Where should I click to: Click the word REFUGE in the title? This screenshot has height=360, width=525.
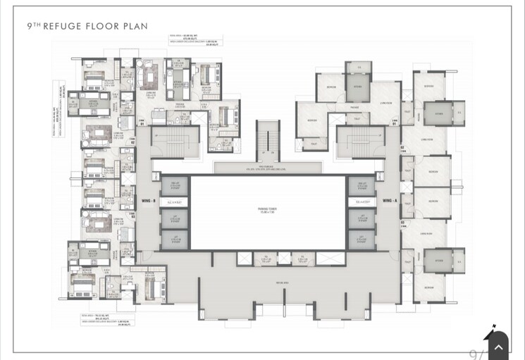(x=66, y=26)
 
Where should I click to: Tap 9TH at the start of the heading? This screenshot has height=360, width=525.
(x=34, y=26)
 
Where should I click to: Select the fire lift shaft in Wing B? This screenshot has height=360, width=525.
(x=173, y=186)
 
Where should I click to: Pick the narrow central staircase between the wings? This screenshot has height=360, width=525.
(x=267, y=140)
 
